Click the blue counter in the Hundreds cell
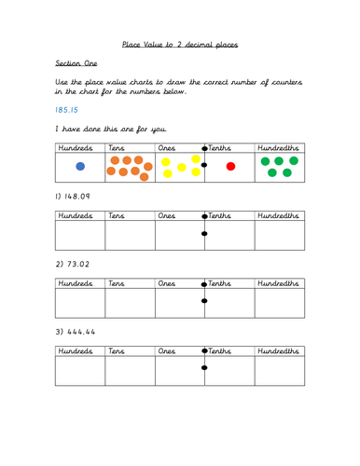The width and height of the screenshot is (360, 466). (80, 167)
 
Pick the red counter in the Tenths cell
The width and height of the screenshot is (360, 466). (231, 167)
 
